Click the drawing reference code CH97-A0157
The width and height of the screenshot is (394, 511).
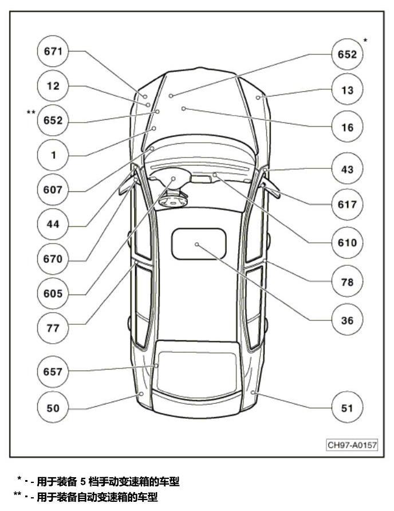point(352,445)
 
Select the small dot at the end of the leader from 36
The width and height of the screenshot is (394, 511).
point(197,245)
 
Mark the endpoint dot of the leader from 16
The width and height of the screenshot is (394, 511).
point(183,108)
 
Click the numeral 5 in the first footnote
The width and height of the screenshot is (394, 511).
point(83,481)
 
